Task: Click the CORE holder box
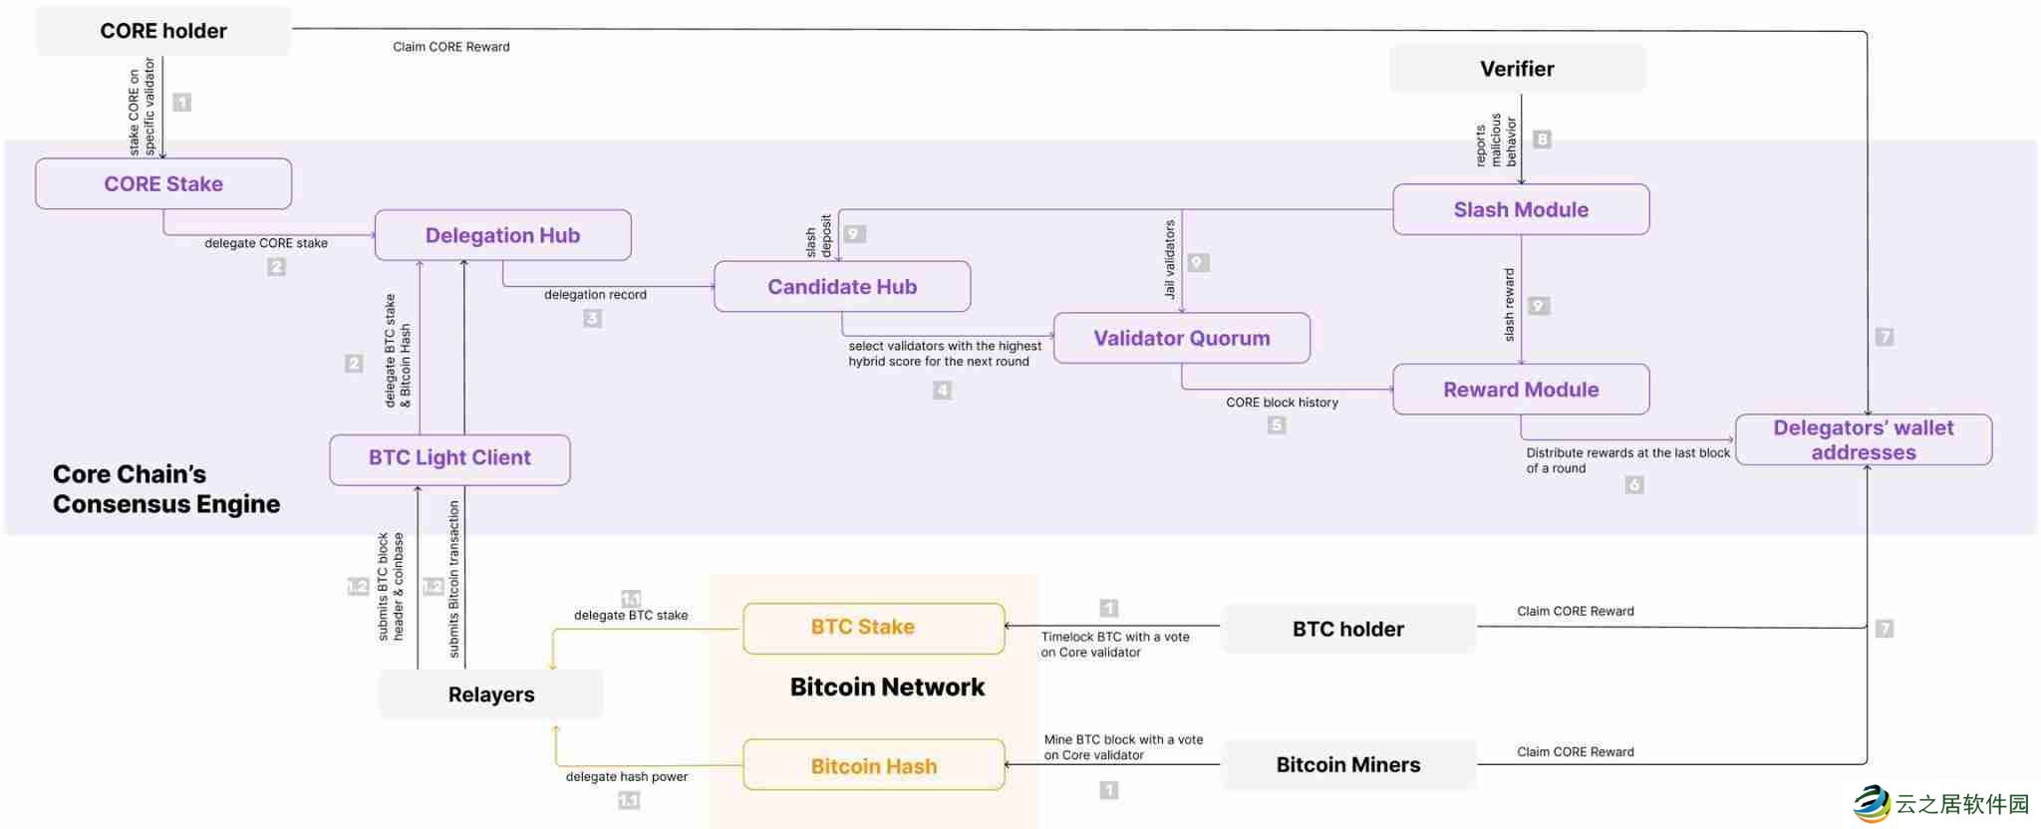tap(163, 31)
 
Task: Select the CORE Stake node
tap(163, 184)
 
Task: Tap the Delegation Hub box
tap(502, 235)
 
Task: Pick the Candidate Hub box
tap(842, 287)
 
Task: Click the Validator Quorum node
tap(1182, 339)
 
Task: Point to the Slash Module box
tap(1521, 210)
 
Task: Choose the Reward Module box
tap(1521, 390)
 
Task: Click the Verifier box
tap(1517, 69)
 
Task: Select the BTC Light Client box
tap(449, 458)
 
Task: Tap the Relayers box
tap(490, 694)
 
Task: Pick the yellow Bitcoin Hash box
tap(873, 766)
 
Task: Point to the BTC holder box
tap(1347, 629)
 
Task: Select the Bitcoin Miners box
tap(1347, 765)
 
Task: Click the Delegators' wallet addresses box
tap(1863, 440)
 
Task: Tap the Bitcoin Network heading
tap(887, 687)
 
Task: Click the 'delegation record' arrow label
tap(595, 295)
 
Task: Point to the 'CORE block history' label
tap(1282, 403)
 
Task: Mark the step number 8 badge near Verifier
tap(1542, 139)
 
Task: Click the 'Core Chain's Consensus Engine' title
tap(166, 489)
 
